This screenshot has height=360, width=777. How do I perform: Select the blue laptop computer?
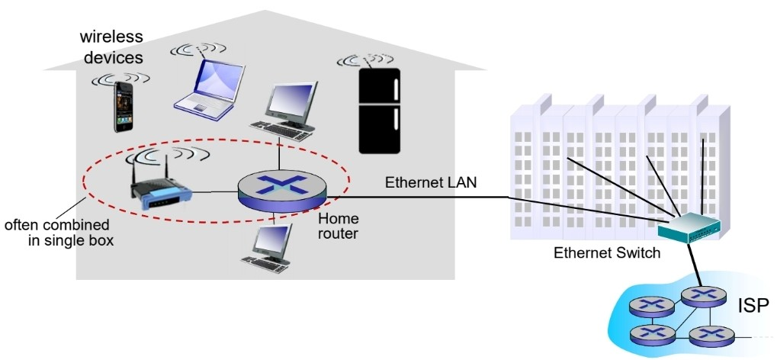212,85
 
